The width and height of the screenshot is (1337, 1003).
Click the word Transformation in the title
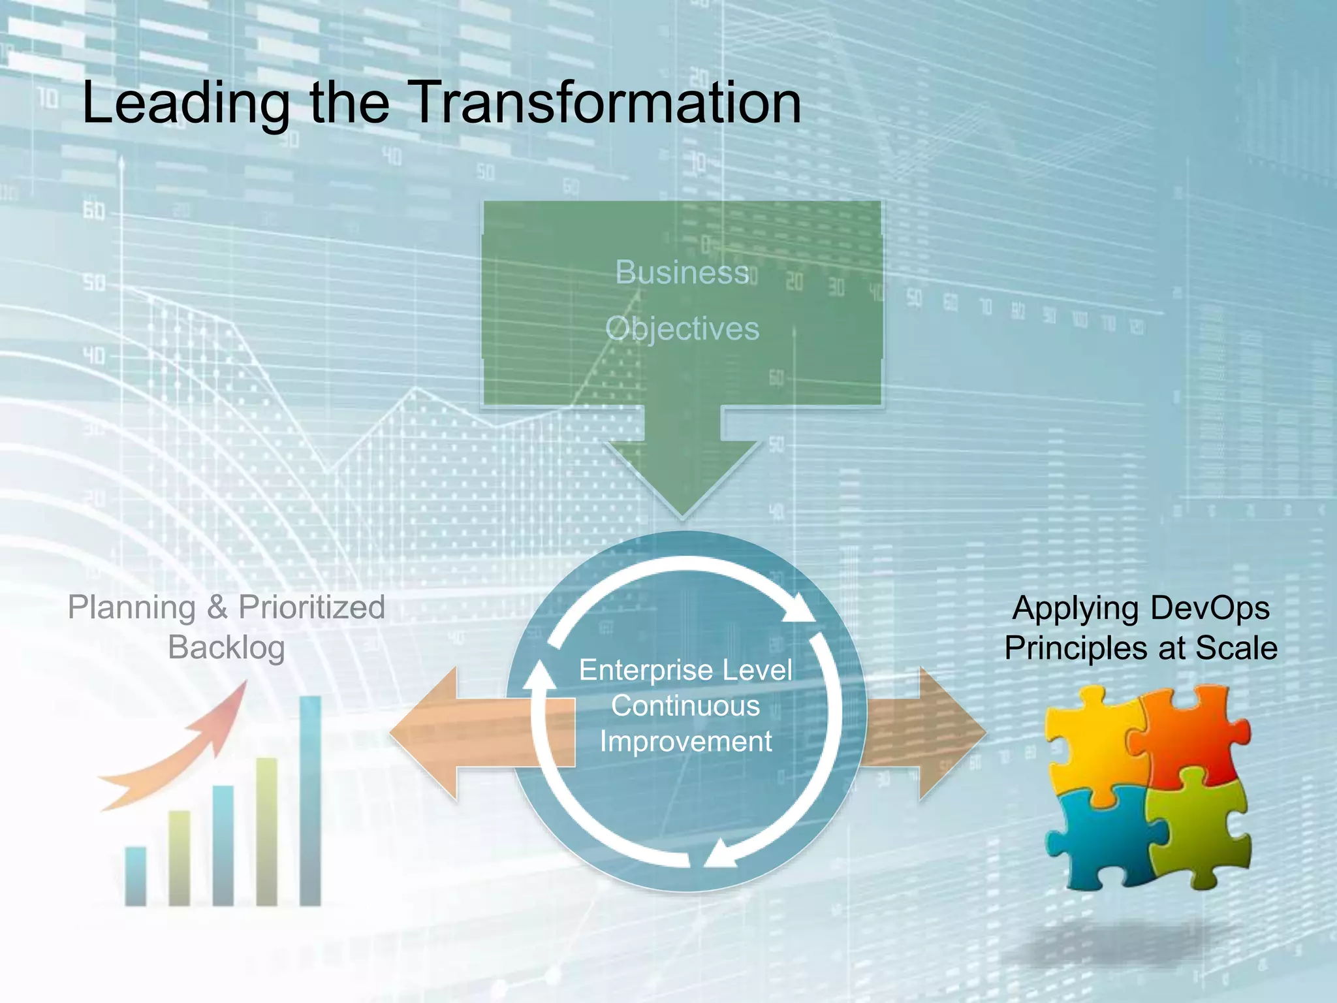click(x=606, y=103)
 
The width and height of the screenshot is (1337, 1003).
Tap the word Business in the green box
click(x=682, y=272)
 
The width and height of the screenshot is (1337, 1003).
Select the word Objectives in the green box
click(x=682, y=329)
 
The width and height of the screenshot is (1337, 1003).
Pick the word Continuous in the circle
click(x=685, y=706)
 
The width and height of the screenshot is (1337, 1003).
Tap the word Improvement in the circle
click(x=685, y=742)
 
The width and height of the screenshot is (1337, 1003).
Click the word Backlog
click(x=226, y=648)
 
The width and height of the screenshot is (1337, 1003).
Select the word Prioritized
click(x=311, y=608)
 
